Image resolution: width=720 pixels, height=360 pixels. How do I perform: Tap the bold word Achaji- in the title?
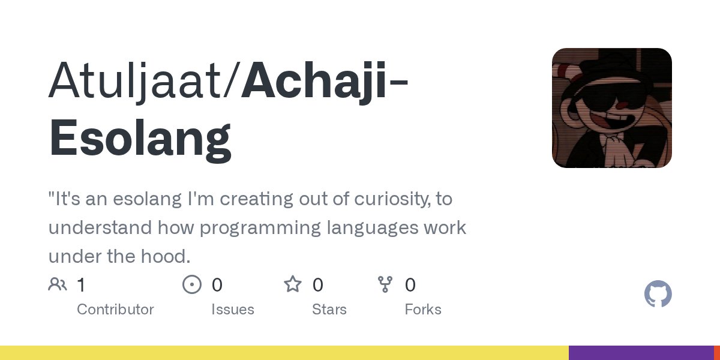tap(324, 81)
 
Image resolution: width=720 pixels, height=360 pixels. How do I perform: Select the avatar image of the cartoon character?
tap(611, 108)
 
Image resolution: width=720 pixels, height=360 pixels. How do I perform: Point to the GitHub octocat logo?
tap(658, 295)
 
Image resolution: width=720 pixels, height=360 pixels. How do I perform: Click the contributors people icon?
tap(58, 284)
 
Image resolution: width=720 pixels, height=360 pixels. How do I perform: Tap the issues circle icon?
tap(191, 284)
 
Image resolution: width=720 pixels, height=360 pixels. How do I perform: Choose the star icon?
tap(293, 284)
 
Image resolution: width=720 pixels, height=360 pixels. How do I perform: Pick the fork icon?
tap(385, 284)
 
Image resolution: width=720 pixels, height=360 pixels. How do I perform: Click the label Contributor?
tap(115, 310)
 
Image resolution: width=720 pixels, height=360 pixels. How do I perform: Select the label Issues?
tap(233, 310)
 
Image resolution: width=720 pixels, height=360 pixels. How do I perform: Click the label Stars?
tap(329, 310)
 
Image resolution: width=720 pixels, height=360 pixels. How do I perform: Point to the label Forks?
tap(423, 310)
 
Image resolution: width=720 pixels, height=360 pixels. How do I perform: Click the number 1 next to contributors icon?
tap(81, 285)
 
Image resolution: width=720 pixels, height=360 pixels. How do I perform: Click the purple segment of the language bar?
tap(641, 353)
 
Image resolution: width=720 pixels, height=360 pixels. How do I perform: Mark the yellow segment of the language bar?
tap(284, 353)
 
